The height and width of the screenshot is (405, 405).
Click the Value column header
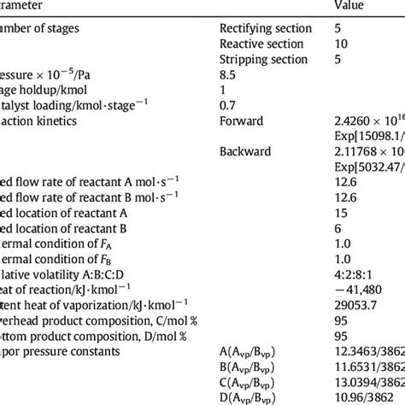click(350, 5)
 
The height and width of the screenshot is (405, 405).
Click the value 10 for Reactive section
click(342, 44)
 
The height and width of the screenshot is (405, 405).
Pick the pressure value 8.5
click(343, 74)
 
